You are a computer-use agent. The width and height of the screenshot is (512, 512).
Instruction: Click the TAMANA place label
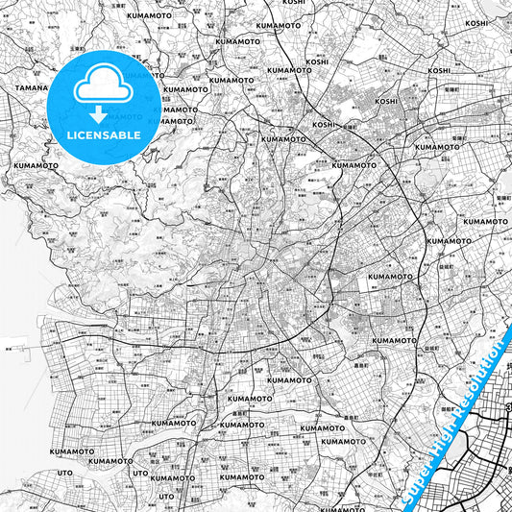tap(31, 87)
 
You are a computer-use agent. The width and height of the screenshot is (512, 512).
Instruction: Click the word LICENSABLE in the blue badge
tap(104, 135)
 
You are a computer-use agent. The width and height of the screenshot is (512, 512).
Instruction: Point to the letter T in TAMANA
tap(17, 87)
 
